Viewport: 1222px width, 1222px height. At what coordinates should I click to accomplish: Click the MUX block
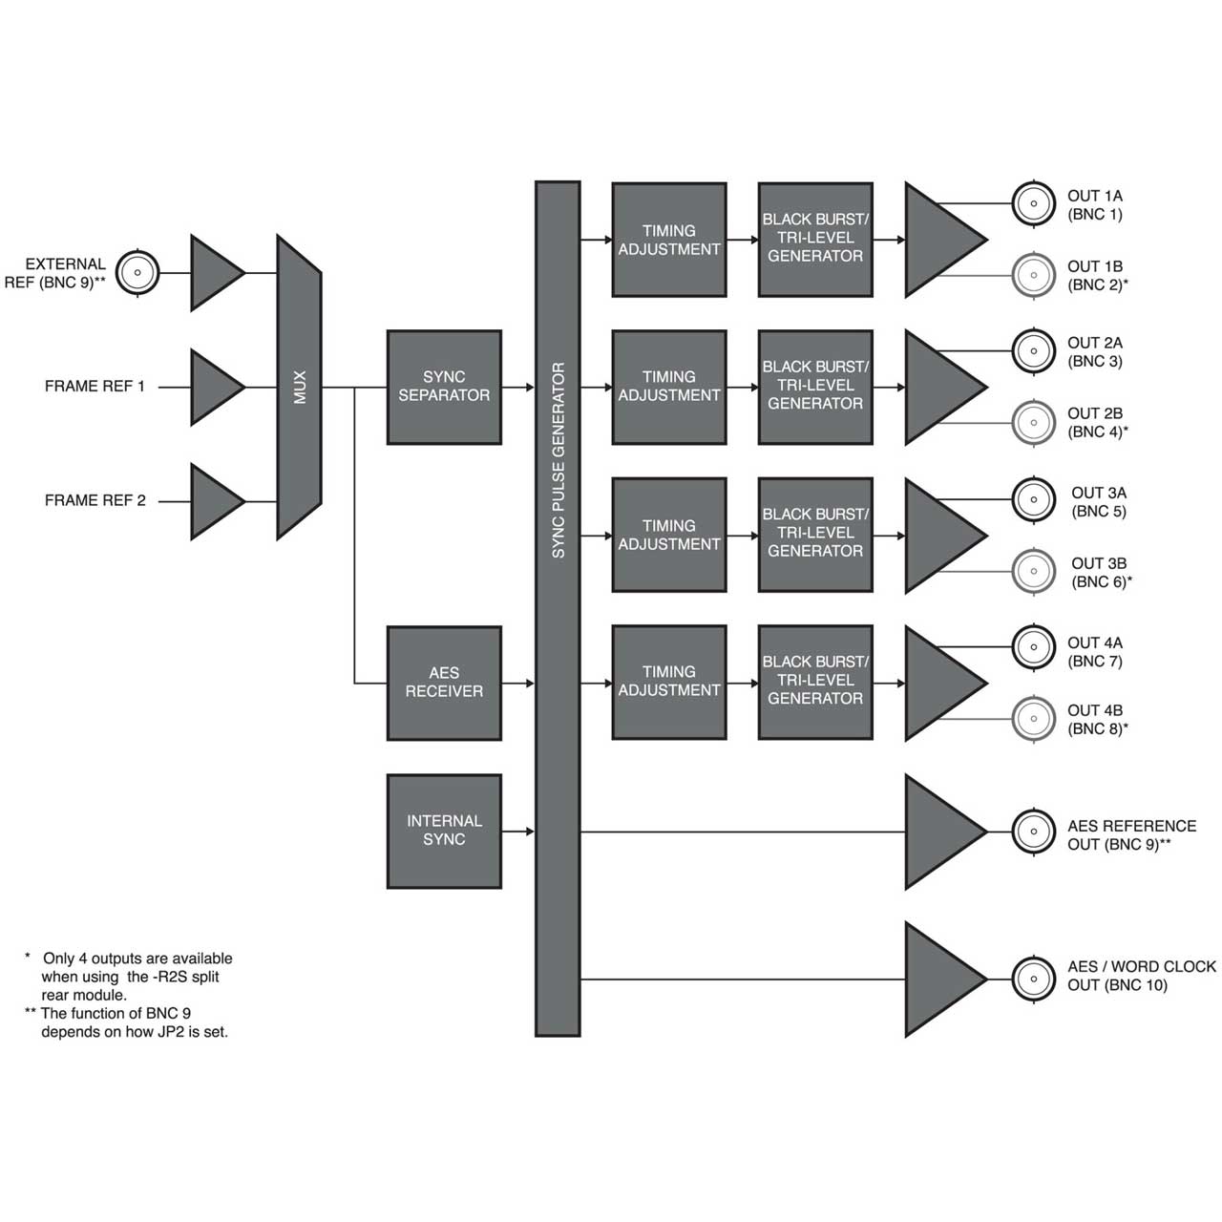click(300, 387)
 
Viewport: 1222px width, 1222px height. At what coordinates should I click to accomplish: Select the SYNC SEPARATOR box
click(444, 387)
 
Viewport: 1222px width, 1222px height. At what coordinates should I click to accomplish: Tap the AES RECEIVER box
click(444, 683)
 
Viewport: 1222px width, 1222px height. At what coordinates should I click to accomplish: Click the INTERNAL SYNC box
click(444, 831)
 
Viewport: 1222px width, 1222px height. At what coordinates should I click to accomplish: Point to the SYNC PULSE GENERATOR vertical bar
click(558, 609)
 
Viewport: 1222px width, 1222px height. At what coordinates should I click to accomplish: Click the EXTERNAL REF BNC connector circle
click(137, 273)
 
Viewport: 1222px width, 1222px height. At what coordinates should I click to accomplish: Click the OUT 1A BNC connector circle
click(1034, 203)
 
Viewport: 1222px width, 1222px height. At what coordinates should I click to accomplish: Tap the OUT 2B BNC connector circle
click(1034, 422)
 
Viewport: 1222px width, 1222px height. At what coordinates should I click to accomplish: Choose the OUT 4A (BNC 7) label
click(1095, 652)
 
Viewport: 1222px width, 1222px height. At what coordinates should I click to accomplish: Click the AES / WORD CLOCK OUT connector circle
click(1034, 979)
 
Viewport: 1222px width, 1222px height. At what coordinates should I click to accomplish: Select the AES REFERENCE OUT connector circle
click(1034, 832)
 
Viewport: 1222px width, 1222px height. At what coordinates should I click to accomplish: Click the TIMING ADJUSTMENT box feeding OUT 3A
click(669, 535)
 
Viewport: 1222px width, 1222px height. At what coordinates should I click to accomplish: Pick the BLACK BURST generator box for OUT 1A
click(815, 240)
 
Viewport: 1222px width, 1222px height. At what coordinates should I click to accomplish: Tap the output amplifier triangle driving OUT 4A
click(945, 683)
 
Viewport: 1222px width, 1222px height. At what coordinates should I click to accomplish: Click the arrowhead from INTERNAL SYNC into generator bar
click(530, 832)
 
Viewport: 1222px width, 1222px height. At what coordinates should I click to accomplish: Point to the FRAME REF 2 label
click(95, 500)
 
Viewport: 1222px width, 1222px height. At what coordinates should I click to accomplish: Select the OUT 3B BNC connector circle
click(1034, 571)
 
